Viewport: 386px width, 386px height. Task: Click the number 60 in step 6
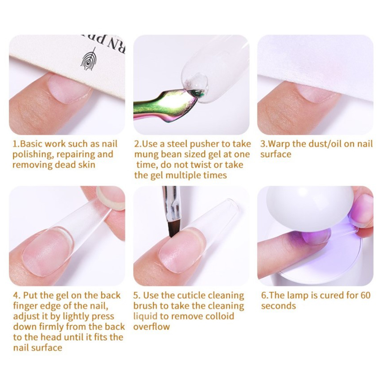point(365,295)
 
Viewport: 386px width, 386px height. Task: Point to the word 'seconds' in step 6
point(279,306)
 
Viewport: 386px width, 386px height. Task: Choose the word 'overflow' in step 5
point(151,327)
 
